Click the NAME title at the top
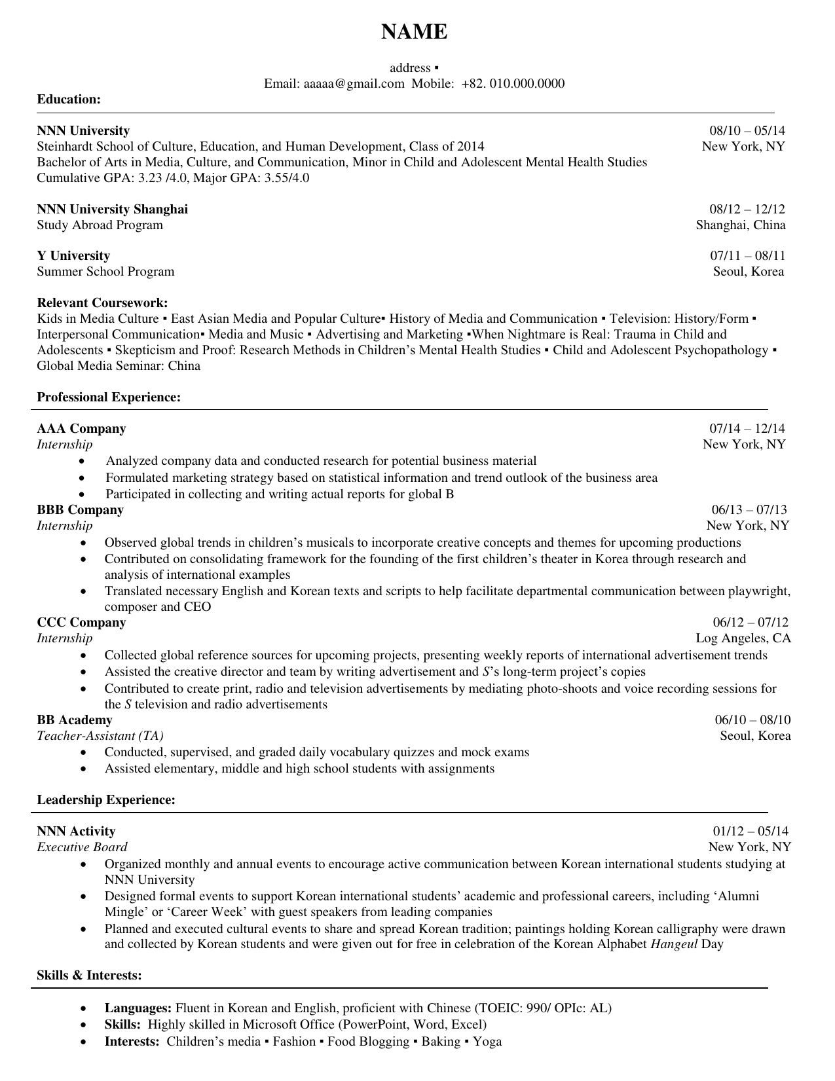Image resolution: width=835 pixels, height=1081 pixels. (x=415, y=31)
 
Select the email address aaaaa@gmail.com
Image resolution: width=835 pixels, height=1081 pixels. (x=354, y=84)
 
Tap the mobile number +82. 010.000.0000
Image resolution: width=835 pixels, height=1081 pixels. (x=512, y=84)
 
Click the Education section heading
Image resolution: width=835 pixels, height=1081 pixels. (x=69, y=100)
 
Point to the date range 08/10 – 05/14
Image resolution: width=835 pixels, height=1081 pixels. (x=747, y=131)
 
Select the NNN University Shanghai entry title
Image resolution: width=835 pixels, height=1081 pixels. (x=112, y=210)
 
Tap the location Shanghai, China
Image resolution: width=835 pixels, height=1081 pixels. (x=741, y=225)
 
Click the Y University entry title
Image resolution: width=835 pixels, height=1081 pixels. (x=73, y=256)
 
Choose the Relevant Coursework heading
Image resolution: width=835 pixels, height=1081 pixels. (x=102, y=303)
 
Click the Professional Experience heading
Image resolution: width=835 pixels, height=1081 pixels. (x=109, y=397)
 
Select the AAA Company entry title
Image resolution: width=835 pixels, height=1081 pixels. (x=81, y=429)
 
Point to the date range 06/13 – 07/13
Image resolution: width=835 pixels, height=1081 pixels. (x=749, y=510)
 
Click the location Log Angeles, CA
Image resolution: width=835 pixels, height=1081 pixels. (x=743, y=638)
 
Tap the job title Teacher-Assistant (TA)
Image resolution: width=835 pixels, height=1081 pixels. (x=100, y=736)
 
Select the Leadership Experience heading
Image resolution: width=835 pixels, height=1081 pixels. (x=106, y=800)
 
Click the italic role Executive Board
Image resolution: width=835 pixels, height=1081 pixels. (x=82, y=847)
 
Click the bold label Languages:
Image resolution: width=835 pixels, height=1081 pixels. (x=138, y=1008)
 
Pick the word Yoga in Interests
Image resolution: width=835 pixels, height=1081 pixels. (x=487, y=1042)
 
